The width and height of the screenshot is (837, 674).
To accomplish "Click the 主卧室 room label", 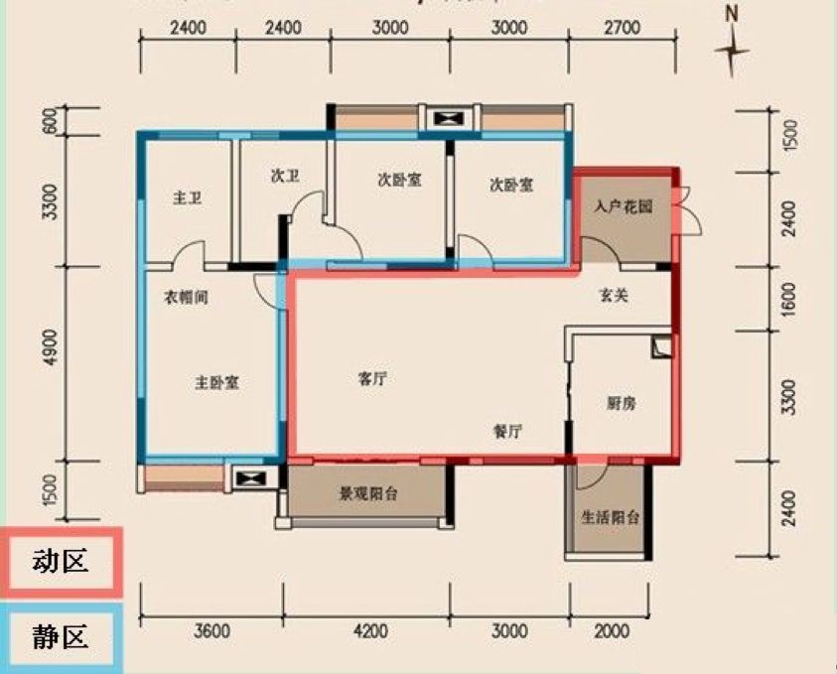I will [x=216, y=382].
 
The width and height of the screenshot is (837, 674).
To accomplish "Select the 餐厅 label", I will [x=507, y=431].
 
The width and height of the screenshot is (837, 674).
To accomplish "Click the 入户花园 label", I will [x=624, y=208].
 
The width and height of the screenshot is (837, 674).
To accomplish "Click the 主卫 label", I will [x=187, y=199].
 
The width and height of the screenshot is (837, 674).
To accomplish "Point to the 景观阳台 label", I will [x=368, y=493].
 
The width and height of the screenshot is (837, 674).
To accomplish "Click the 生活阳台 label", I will [x=610, y=517].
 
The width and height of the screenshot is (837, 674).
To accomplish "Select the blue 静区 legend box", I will [x=61, y=636].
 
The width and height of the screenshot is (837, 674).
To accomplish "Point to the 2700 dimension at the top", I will [x=622, y=28].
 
